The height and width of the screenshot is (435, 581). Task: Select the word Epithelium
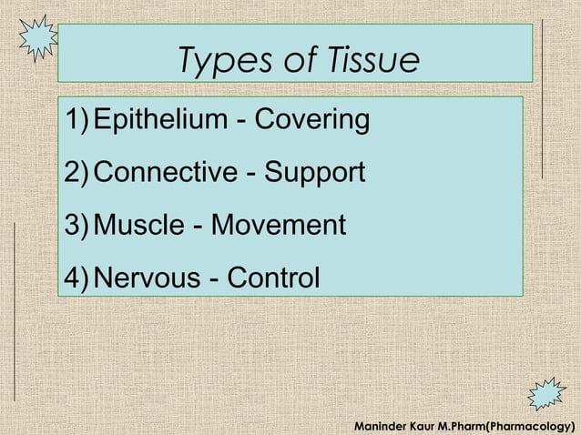tap(160, 120)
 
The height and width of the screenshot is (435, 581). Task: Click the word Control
tap(272, 276)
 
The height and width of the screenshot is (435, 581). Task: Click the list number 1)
tap(77, 120)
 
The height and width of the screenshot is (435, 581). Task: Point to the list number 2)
tap(77, 172)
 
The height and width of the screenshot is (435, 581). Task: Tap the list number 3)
tap(77, 224)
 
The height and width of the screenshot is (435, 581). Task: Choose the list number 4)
tap(77, 276)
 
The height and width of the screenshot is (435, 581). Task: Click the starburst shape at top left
tap(38, 37)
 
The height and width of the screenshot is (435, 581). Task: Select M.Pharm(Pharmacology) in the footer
tap(509, 425)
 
